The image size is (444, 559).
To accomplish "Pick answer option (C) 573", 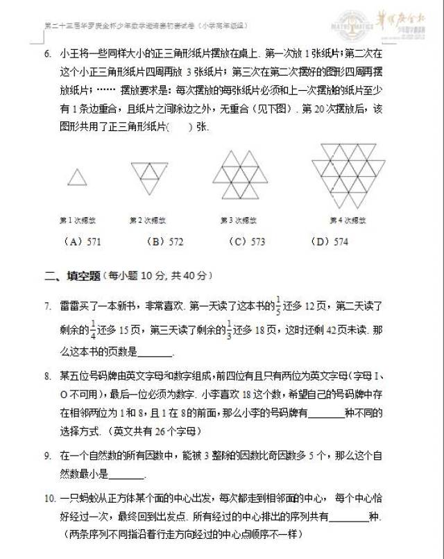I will (x=247, y=241).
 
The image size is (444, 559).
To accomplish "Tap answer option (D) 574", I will (x=330, y=241).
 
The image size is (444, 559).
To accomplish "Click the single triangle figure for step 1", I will (x=78, y=178).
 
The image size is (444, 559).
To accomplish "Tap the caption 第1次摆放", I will (x=78, y=221).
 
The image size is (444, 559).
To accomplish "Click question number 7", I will (x=46, y=306).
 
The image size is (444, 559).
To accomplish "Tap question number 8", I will (x=46, y=376).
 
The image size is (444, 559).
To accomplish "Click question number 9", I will (x=46, y=456).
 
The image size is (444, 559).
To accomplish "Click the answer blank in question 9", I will (x=127, y=475).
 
